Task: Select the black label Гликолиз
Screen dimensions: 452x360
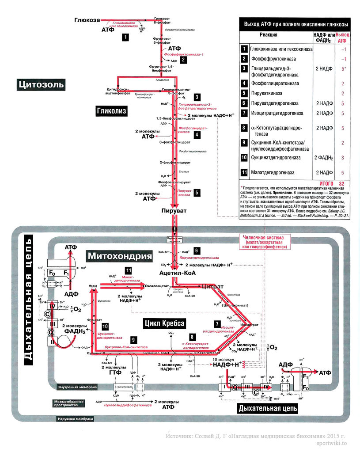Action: click(111, 111)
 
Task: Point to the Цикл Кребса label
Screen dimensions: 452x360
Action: click(164, 323)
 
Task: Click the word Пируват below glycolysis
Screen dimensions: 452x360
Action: click(174, 211)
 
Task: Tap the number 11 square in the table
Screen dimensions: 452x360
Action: click(244, 172)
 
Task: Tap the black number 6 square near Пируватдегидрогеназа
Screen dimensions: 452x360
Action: click(197, 251)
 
